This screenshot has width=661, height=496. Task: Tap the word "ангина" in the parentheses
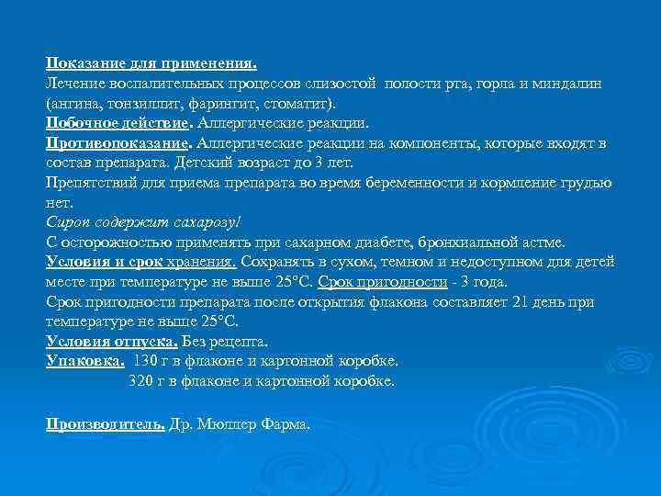[75, 103]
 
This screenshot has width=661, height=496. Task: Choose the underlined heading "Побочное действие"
[118, 122]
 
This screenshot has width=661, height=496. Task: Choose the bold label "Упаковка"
[84, 359]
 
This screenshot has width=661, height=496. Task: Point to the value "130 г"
[152, 359]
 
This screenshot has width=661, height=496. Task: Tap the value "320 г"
[146, 379]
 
